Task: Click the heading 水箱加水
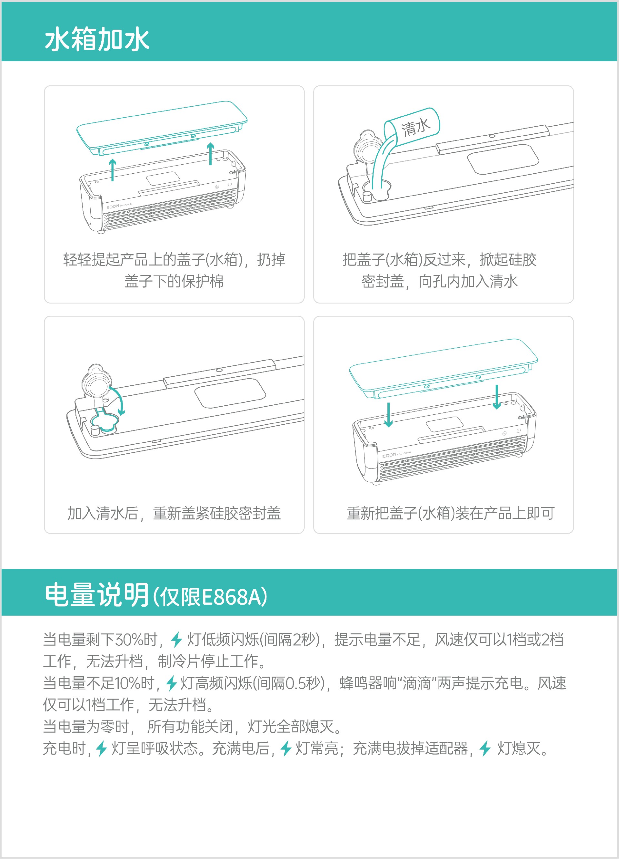(97, 39)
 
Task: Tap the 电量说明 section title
(97, 595)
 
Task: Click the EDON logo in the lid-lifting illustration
(113, 207)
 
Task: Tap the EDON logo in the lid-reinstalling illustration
(389, 455)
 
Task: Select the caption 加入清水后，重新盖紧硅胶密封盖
(174, 513)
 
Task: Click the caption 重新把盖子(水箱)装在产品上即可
(451, 513)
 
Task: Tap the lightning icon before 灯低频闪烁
(176, 639)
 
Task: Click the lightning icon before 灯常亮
(286, 748)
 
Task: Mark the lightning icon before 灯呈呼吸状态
(102, 748)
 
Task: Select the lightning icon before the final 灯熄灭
(485, 748)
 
